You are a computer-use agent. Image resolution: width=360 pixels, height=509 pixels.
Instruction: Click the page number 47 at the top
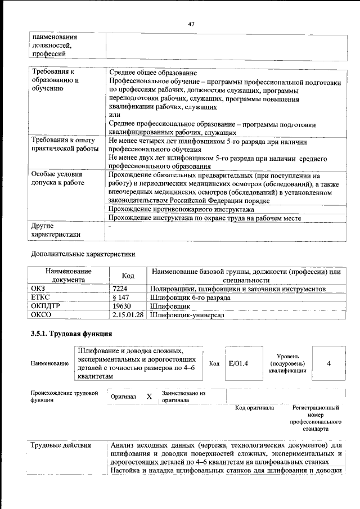191,24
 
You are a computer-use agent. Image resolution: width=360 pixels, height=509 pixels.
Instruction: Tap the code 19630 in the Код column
121,307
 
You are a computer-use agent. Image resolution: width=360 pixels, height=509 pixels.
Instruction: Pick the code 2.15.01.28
128,316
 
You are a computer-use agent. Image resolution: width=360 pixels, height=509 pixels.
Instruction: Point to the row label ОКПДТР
45,307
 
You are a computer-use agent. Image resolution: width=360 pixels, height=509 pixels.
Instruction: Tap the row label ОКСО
40,316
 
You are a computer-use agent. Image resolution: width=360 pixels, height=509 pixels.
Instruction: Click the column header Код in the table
128,275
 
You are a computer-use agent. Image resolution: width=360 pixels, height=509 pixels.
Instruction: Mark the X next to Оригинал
149,397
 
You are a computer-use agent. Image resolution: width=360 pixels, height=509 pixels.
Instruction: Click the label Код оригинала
254,408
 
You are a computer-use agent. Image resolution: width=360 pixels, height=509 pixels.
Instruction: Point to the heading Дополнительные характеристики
83,254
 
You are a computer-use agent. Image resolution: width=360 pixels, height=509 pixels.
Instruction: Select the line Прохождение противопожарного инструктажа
181,209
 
